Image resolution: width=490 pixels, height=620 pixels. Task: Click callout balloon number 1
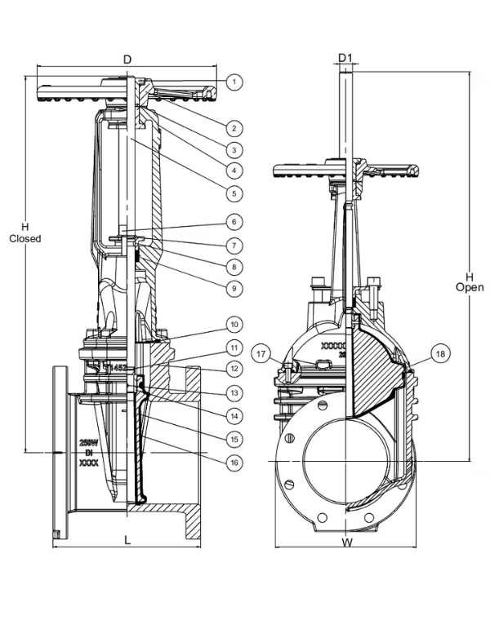[234, 82]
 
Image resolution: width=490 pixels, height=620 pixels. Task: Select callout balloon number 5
[234, 193]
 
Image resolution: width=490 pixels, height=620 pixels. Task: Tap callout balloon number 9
[234, 287]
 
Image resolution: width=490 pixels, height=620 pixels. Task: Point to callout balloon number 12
[234, 369]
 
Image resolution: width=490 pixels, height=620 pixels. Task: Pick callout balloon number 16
[234, 461]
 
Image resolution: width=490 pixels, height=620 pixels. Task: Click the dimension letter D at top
[127, 59]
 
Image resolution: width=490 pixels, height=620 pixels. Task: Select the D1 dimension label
[345, 59]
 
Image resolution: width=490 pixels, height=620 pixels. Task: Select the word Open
[470, 287]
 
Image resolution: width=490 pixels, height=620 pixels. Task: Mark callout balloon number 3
[234, 150]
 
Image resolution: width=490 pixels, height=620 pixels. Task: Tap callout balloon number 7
[234, 245]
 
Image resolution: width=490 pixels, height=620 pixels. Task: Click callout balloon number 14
[234, 415]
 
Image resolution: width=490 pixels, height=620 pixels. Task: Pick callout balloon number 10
[234, 323]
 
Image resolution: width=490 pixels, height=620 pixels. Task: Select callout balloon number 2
[234, 128]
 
